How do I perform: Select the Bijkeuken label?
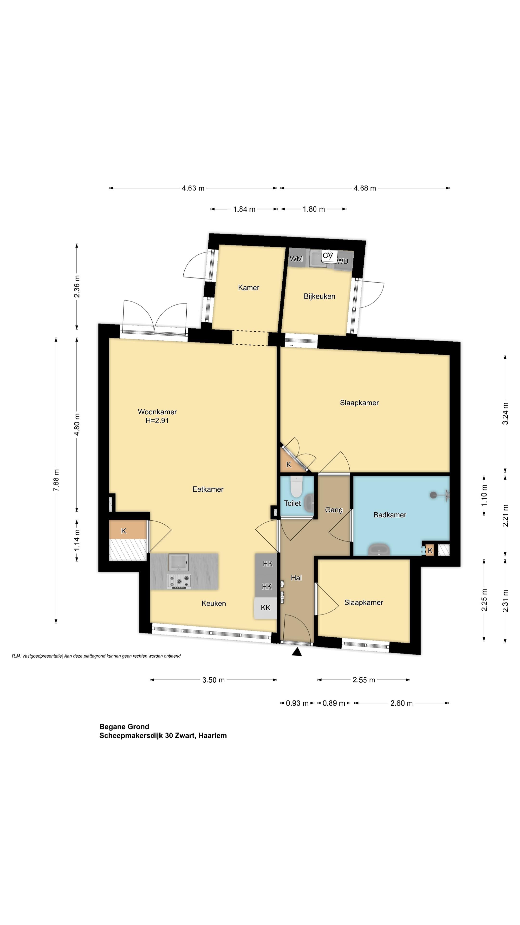pos(319,296)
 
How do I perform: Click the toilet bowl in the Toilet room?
pos(296,486)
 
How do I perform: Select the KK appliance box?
pos(265,608)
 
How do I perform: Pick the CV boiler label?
pos(328,255)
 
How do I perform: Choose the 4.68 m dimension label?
pos(365,188)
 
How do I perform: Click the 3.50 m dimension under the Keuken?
pos(214,680)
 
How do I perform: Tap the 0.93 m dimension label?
pos(297,703)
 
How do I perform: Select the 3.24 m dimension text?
pos(505,414)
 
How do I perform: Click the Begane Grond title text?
pos(124,727)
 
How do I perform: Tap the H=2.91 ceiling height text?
pos(157,421)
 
